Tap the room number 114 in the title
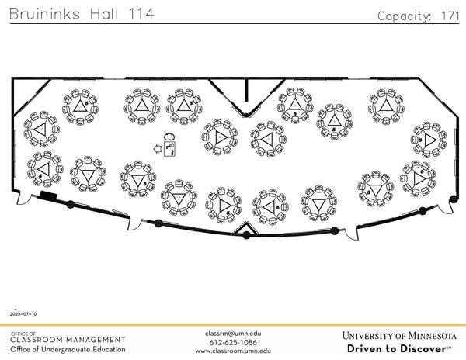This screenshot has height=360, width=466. click(x=139, y=14)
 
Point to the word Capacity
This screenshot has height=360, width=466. click(x=404, y=16)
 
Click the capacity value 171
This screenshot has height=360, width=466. click(x=450, y=16)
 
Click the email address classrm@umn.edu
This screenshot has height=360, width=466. click(x=233, y=334)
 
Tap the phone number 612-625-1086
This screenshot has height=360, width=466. click(x=233, y=342)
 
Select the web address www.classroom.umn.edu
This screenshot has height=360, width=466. click(x=233, y=351)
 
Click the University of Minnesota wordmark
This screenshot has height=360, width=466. click(x=399, y=336)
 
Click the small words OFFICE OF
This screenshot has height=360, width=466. click(x=23, y=333)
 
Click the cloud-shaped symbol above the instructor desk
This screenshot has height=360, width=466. click(x=169, y=137)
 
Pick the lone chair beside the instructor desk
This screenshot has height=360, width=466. click(x=158, y=147)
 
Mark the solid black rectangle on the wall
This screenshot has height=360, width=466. click(x=48, y=196)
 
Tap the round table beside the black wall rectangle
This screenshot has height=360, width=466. click(x=43, y=170)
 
